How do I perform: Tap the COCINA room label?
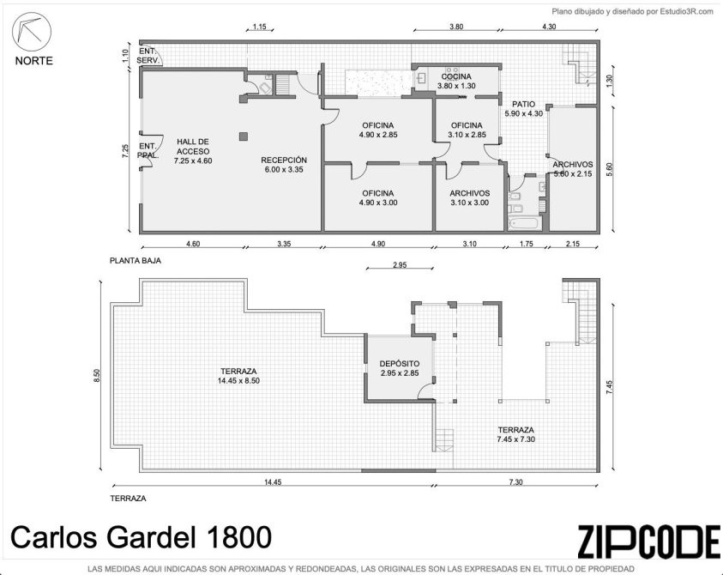click(x=456, y=76)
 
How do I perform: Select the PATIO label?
click(x=523, y=105)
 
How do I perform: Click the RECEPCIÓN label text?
click(x=284, y=160)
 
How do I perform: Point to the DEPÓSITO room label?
click(x=400, y=364)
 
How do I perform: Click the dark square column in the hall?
click(x=244, y=136)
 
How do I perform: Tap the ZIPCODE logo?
click(x=648, y=542)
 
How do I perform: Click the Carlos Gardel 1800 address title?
click(x=142, y=537)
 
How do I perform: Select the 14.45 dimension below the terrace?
click(x=273, y=482)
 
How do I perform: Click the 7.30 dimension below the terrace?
click(x=515, y=482)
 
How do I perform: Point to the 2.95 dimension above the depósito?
click(x=400, y=265)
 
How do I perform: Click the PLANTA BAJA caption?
click(x=136, y=261)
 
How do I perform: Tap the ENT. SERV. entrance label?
click(x=148, y=56)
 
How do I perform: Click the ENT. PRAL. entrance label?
click(x=148, y=151)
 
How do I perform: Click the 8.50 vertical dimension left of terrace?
click(x=96, y=375)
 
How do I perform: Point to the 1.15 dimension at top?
click(x=260, y=27)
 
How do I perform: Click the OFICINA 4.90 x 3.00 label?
click(x=378, y=198)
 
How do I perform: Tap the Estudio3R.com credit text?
click(x=687, y=12)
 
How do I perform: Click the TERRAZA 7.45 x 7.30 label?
click(x=516, y=435)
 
